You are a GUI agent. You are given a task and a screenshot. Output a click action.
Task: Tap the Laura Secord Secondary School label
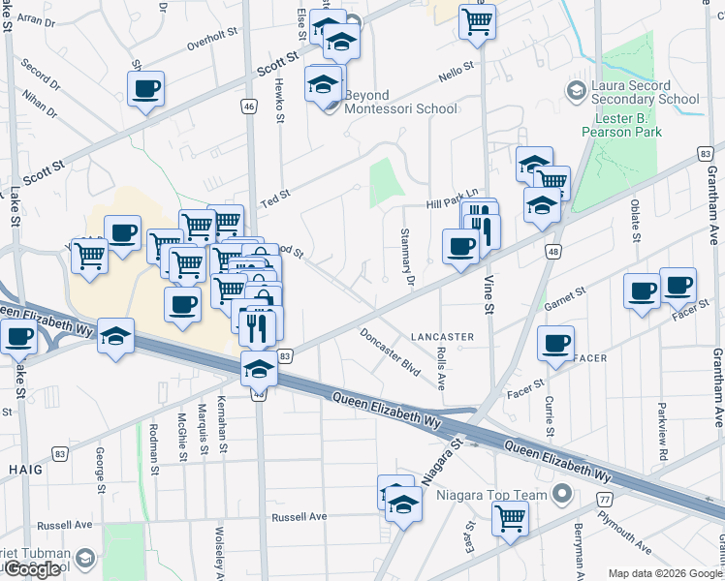[x=645, y=92]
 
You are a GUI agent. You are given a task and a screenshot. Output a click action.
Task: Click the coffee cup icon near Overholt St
[x=145, y=89]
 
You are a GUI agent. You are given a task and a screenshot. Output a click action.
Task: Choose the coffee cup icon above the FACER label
[x=555, y=343]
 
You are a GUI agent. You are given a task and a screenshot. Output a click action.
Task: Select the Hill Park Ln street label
[x=454, y=201]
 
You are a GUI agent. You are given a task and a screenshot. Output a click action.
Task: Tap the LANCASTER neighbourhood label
[x=442, y=337]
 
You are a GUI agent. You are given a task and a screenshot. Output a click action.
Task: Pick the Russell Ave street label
[x=299, y=517]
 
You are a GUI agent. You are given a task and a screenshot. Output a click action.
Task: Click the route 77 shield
[x=604, y=500]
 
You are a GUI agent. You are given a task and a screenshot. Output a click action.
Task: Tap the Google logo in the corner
[x=32, y=569]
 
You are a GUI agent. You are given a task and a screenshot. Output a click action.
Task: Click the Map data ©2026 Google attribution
[x=666, y=573]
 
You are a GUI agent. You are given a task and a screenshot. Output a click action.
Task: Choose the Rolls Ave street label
[x=441, y=369]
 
